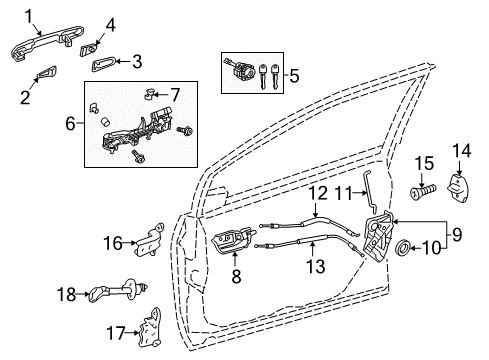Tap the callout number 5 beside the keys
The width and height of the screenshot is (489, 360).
pyautogui.click(x=294, y=73)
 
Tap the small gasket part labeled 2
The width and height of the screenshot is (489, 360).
pyautogui.click(x=47, y=72)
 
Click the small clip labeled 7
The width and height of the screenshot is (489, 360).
pyautogui.click(x=149, y=96)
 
